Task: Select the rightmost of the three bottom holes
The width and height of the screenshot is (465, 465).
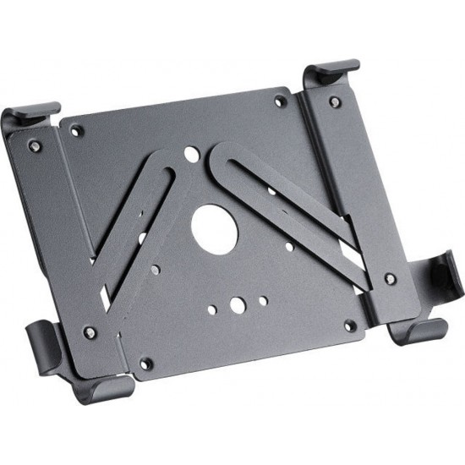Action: click(x=264, y=298)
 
